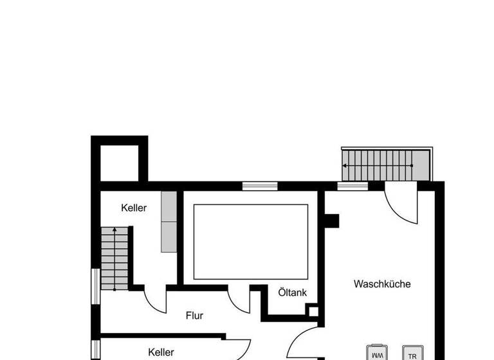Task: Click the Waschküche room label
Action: coord(381,283)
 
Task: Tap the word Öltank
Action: coord(292,292)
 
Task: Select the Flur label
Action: coord(194,316)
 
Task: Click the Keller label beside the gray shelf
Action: coord(134,208)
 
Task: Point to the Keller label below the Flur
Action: coord(161,352)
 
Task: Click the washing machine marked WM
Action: coord(377,354)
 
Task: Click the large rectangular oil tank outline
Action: coord(250,242)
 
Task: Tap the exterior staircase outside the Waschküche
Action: coord(384,165)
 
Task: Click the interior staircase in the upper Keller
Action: coord(114,258)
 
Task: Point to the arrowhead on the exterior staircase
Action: coord(345,165)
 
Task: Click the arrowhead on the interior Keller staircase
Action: coord(114,230)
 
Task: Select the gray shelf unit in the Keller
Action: coord(169,222)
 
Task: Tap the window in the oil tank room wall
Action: coord(260,186)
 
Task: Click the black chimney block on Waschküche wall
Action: coord(331,221)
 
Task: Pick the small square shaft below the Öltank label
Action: coord(313,312)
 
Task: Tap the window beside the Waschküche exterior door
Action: coord(352,186)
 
